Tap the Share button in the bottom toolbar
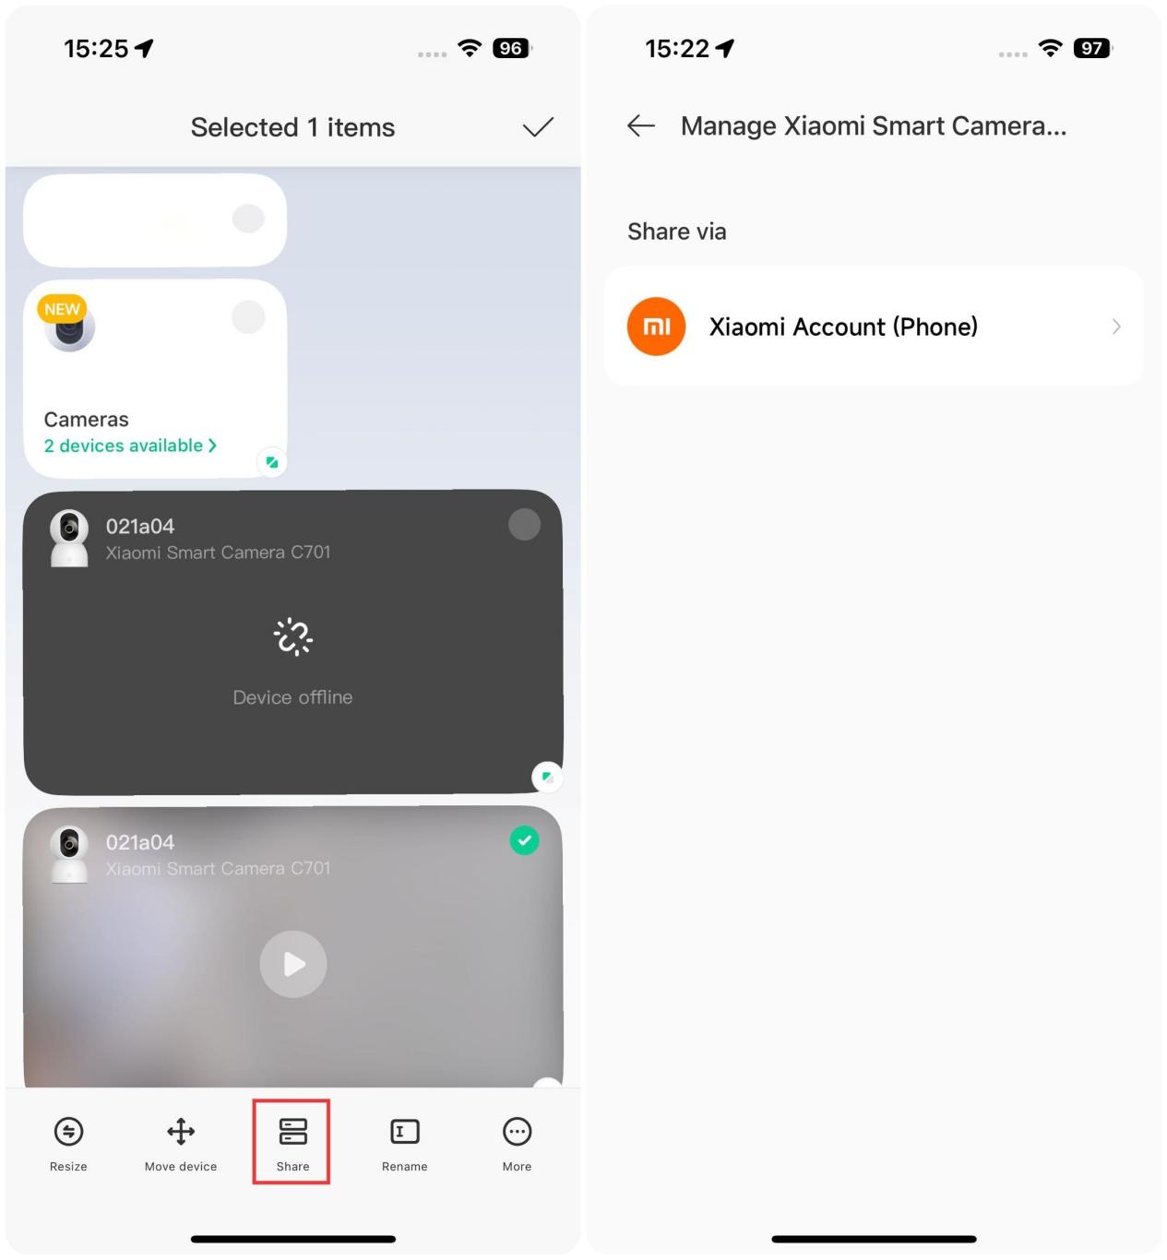tap(292, 1143)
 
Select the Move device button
tap(181, 1143)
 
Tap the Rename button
tap(404, 1143)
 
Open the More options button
tap(518, 1143)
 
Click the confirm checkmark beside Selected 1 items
tap(538, 126)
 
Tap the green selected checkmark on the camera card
tap(524, 840)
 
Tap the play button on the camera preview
tap(293, 964)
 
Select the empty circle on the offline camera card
tap(524, 524)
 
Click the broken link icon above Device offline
tap(293, 636)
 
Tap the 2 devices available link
tap(130, 446)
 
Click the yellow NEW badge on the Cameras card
tap(62, 309)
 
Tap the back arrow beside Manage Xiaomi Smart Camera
tap(640, 125)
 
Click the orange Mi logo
tap(656, 327)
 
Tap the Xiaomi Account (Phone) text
tap(842, 327)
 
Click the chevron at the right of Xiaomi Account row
tap(1116, 327)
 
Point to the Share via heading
tap(676, 232)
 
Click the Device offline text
tap(292, 696)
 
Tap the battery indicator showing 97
tap(1092, 48)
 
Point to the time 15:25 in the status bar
tap(96, 48)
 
